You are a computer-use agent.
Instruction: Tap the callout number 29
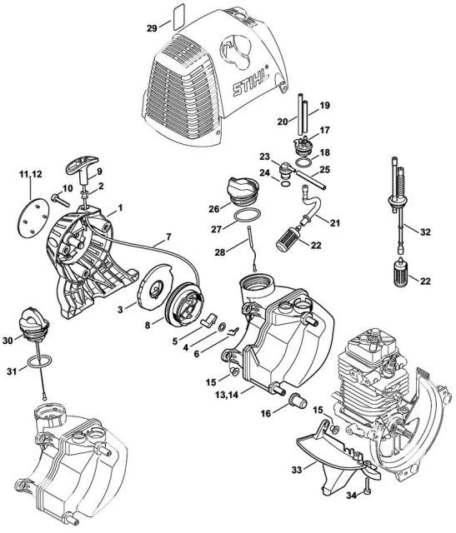(152, 29)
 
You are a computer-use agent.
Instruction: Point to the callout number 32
(425, 232)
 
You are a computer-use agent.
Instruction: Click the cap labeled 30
(32, 326)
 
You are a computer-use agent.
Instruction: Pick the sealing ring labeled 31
(33, 363)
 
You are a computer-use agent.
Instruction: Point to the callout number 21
(334, 224)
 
